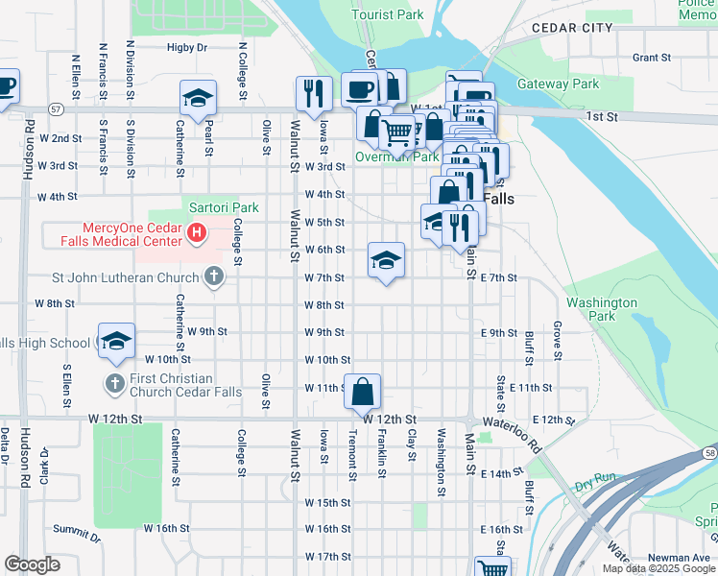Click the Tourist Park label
pos(388,14)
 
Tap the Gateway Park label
pos(558,84)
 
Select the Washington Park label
pos(602,308)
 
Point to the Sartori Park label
pos(224,207)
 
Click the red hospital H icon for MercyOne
pos(197,233)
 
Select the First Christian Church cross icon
pos(114,385)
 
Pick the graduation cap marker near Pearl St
pos(198,98)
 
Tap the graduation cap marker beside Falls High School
pos(116,342)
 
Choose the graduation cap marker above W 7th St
pos(386,260)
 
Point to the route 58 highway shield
pos(708,450)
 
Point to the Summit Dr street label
pos(76,531)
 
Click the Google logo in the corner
pos(32,564)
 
